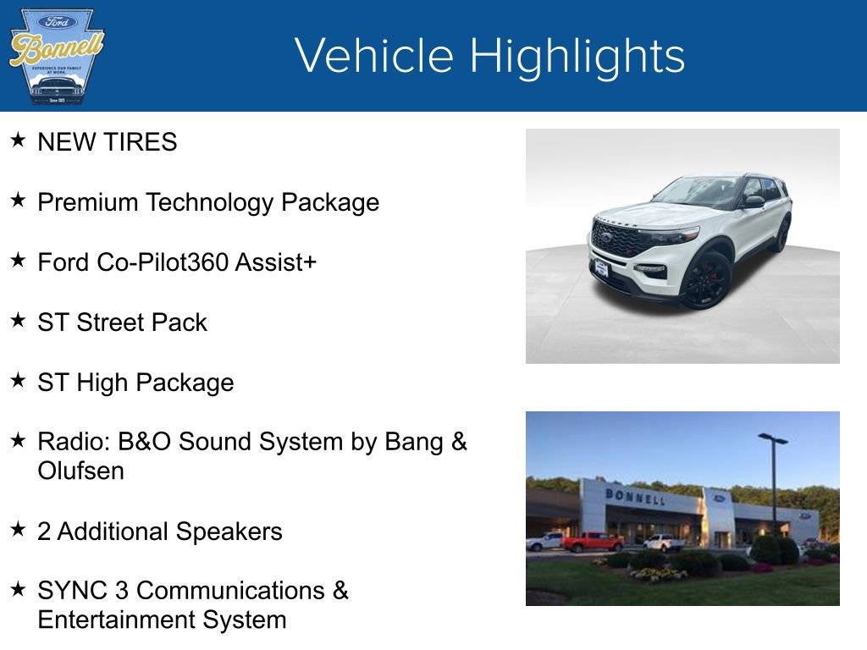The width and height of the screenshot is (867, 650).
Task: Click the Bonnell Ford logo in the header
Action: click(x=56, y=56)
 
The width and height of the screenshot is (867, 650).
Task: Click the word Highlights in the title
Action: click(x=577, y=56)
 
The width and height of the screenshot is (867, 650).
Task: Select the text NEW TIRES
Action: click(x=108, y=142)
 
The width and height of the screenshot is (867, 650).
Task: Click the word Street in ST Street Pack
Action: click(x=113, y=322)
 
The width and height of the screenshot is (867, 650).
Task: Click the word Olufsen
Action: click(x=80, y=471)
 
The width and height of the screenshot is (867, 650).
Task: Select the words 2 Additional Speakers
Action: click(x=160, y=532)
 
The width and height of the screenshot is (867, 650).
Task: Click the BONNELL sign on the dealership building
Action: click(x=634, y=496)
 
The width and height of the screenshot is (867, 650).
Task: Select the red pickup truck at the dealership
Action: click(x=592, y=542)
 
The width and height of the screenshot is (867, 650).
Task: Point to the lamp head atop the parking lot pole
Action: click(x=772, y=438)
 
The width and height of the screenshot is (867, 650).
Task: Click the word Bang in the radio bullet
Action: click(x=416, y=442)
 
